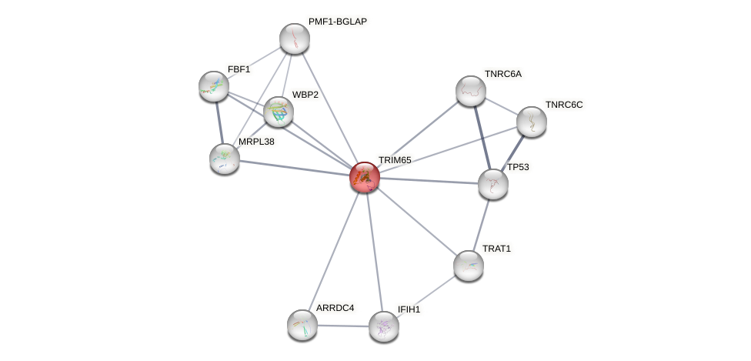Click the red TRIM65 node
(x=365, y=177)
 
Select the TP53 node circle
(x=492, y=184)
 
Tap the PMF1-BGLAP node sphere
(x=294, y=38)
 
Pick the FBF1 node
(x=213, y=86)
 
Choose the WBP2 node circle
(x=278, y=112)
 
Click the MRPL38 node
(x=225, y=158)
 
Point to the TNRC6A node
(x=470, y=91)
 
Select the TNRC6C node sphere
(x=531, y=122)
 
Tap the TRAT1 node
(x=468, y=266)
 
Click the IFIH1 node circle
(x=383, y=326)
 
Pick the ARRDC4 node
(x=302, y=324)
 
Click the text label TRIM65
(x=395, y=160)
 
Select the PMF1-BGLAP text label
(x=337, y=22)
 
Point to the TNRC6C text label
(x=564, y=105)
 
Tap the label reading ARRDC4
(x=335, y=308)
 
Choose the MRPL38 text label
(x=256, y=142)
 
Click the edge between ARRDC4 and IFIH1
(x=342, y=325)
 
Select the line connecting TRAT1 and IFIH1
(x=426, y=296)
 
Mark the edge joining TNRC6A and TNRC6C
(x=500, y=106)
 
